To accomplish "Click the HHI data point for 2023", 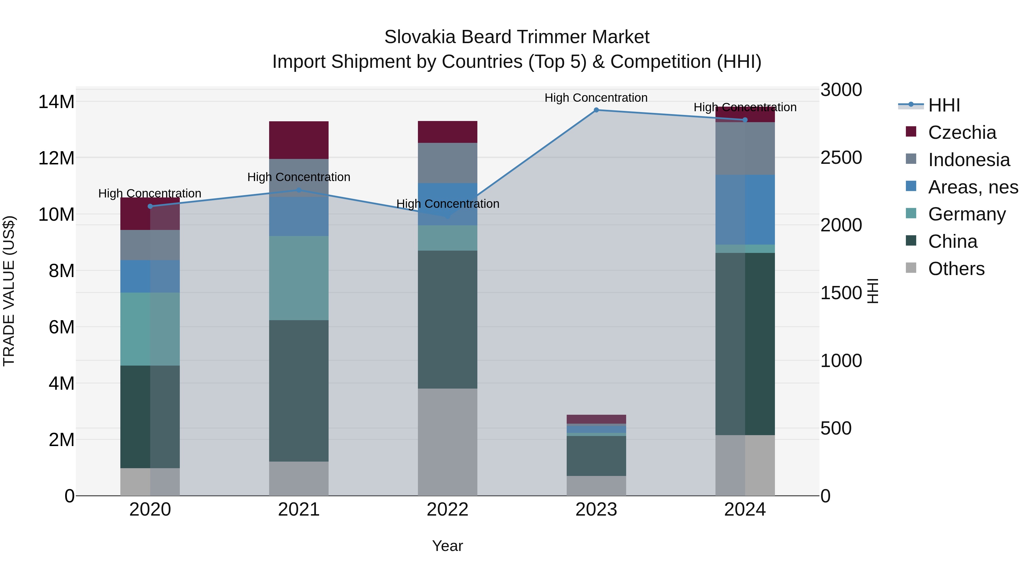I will [596, 110].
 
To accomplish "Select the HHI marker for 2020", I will [150, 206].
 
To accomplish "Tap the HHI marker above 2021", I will [299, 190].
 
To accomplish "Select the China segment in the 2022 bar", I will [447, 319].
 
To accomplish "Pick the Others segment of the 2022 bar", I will [447, 442].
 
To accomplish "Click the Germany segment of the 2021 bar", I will [299, 278].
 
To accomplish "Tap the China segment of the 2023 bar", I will [596, 456].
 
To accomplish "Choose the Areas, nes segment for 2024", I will [745, 210].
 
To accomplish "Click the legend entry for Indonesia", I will [969, 160].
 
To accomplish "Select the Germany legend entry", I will [967, 214].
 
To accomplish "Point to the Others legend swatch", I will [911, 268].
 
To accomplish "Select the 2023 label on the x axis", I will [596, 510].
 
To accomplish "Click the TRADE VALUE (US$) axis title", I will [9, 291].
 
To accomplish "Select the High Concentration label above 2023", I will [596, 98].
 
